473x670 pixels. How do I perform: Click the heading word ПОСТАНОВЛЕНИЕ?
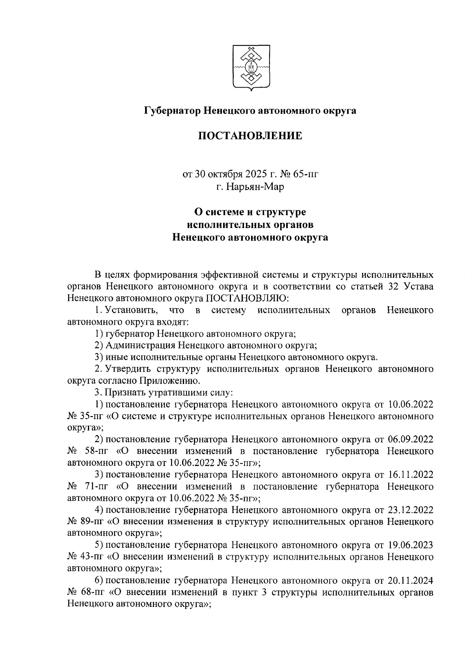tap(250, 136)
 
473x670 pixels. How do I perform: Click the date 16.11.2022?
tap(411, 474)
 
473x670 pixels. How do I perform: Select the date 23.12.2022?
tap(411, 510)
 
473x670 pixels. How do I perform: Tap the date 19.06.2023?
tap(411, 545)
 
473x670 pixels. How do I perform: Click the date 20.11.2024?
tap(411, 580)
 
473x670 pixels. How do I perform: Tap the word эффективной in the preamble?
tap(231, 275)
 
